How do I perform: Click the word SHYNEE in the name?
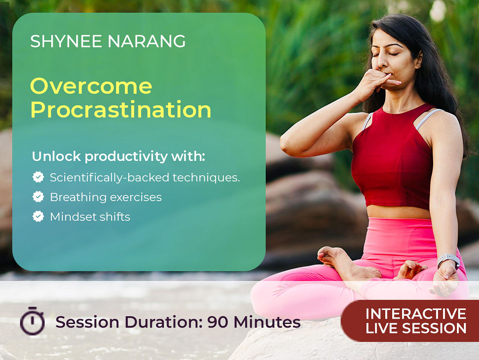66,41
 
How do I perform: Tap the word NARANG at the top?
147,41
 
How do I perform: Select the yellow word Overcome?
91,86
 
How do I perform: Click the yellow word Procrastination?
121,110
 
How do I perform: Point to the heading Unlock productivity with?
118,156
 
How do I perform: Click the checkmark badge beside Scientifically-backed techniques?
38,177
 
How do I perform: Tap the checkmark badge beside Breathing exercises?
38,197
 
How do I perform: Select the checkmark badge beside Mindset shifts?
38,216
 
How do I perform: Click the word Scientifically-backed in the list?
109,178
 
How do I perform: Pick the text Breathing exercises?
106,197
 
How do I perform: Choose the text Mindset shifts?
90,217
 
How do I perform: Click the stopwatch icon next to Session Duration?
32,321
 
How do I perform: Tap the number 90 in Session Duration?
218,322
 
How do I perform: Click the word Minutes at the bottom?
267,322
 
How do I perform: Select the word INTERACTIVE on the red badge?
416,314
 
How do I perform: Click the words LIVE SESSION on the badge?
416,328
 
